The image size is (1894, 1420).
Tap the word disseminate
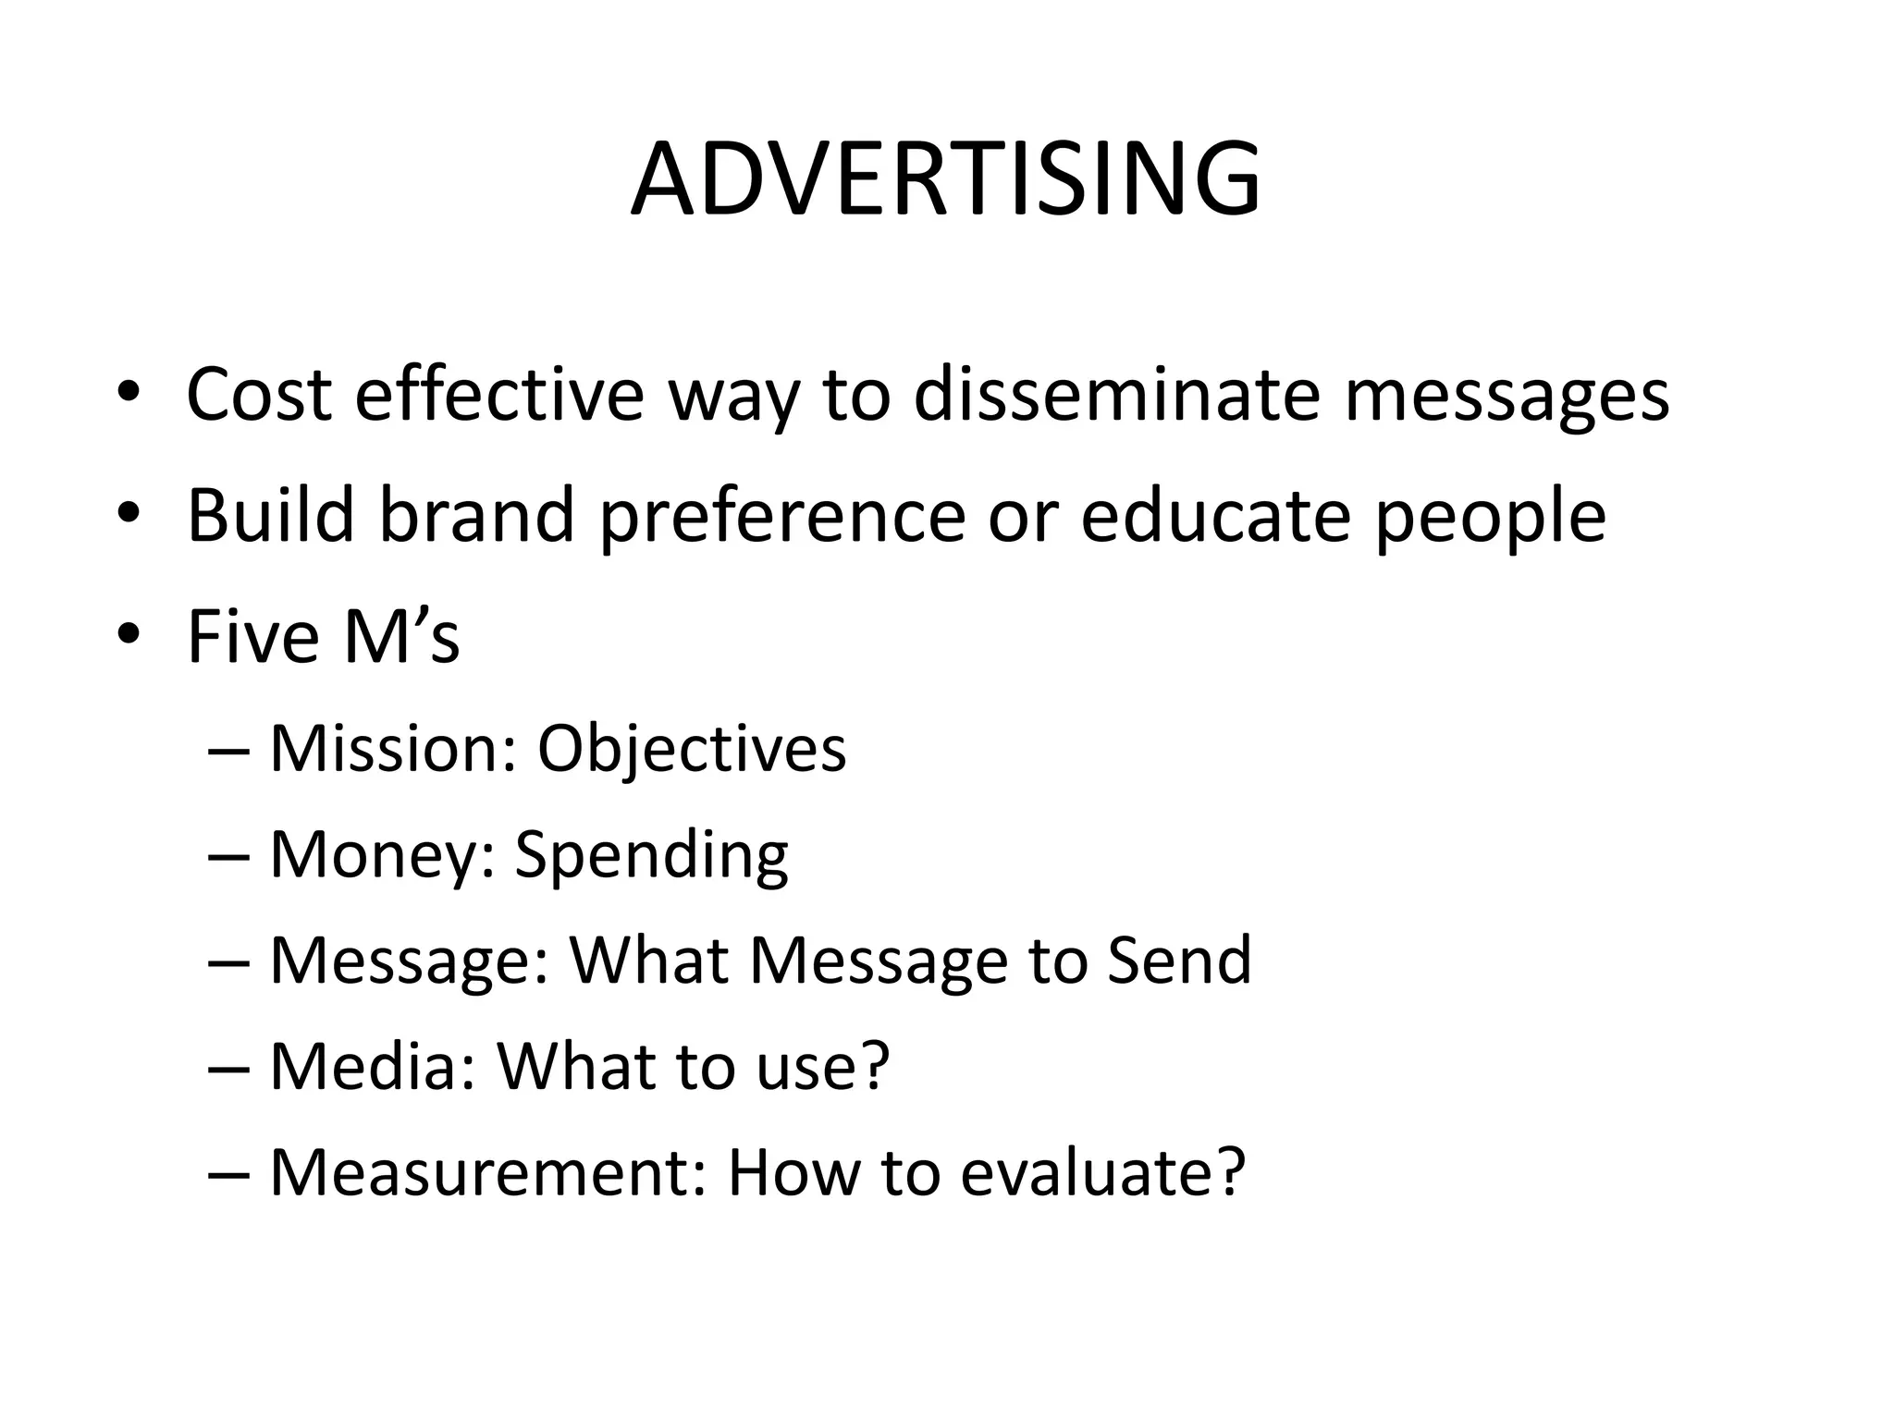tap(1114, 395)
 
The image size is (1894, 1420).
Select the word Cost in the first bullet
tap(259, 395)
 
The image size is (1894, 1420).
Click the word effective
tap(498, 395)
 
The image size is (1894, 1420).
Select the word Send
tap(1178, 961)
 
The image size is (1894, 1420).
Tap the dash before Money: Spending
tap(229, 856)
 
